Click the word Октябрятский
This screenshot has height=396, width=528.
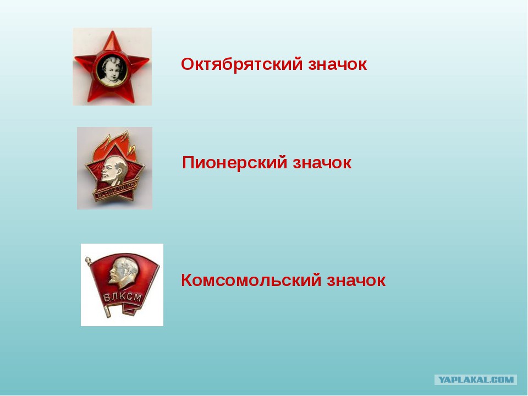[x=242, y=64]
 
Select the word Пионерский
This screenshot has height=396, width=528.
[x=234, y=163]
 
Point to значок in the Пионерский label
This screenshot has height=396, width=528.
[x=322, y=163]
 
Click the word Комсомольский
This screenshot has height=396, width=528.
[x=251, y=280]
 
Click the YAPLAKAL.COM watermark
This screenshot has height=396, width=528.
[x=475, y=380]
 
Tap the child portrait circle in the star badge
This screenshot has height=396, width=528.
[x=112, y=70]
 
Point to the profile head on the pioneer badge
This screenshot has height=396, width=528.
[x=114, y=170]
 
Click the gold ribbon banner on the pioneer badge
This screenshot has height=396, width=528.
[x=116, y=191]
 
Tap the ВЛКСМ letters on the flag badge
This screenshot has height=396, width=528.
[x=122, y=297]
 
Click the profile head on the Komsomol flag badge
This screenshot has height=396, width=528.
[x=123, y=273]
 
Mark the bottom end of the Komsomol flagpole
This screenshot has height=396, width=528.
[x=108, y=316]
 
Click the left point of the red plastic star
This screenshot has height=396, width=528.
[x=75, y=59]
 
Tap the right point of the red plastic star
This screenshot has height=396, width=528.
[x=148, y=60]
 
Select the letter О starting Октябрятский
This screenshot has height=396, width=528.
[x=187, y=64]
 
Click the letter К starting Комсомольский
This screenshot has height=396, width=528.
[x=187, y=280]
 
